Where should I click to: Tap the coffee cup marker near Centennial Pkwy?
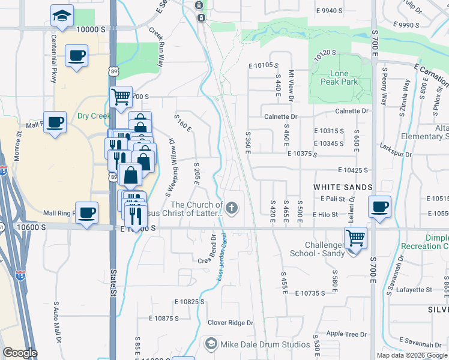[x=77, y=56]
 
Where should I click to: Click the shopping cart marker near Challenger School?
[x=355, y=238]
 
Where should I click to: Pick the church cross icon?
[x=232, y=209]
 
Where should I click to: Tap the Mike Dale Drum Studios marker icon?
[x=211, y=344]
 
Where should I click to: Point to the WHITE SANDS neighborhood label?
[x=343, y=187]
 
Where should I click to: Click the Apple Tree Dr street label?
[x=346, y=334]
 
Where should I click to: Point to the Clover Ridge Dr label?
[x=231, y=323]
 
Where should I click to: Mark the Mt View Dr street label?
[x=291, y=84]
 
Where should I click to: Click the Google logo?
[x=20, y=353]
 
